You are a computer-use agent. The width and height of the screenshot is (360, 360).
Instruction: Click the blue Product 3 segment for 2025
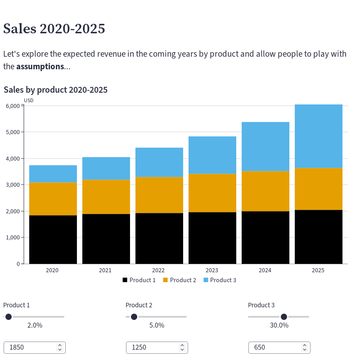pos(319,136)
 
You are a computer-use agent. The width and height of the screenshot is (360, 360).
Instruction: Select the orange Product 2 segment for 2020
pos(53,198)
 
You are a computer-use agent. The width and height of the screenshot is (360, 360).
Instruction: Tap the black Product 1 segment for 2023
pos(212,238)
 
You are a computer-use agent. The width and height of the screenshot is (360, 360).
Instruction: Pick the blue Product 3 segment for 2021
pos(106,168)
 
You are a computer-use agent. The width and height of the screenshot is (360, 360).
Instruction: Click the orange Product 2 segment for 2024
pos(265,191)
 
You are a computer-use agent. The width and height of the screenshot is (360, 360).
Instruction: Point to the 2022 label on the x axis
pos(158,270)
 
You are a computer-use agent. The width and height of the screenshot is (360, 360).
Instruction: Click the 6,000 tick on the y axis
pos(13,106)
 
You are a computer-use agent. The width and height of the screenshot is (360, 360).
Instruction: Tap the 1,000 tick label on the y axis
pos(13,237)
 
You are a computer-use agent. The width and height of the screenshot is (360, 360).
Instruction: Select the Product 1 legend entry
pos(139,280)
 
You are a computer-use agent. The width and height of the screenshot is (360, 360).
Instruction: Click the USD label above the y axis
pos(28,100)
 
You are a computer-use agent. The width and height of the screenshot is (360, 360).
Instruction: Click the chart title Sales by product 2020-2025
pos(55,90)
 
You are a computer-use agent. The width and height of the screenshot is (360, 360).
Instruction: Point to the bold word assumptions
pos(40,67)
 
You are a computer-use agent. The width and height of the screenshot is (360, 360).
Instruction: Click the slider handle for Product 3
pos(284,317)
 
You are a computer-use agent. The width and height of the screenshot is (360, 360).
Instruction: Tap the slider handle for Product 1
pos(8,317)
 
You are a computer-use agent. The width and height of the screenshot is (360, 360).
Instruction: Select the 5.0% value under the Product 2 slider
pos(157,325)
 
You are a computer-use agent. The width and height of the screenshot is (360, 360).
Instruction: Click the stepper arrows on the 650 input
pos(305,347)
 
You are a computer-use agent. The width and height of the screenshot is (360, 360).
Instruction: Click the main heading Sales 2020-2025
pos(54,28)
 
